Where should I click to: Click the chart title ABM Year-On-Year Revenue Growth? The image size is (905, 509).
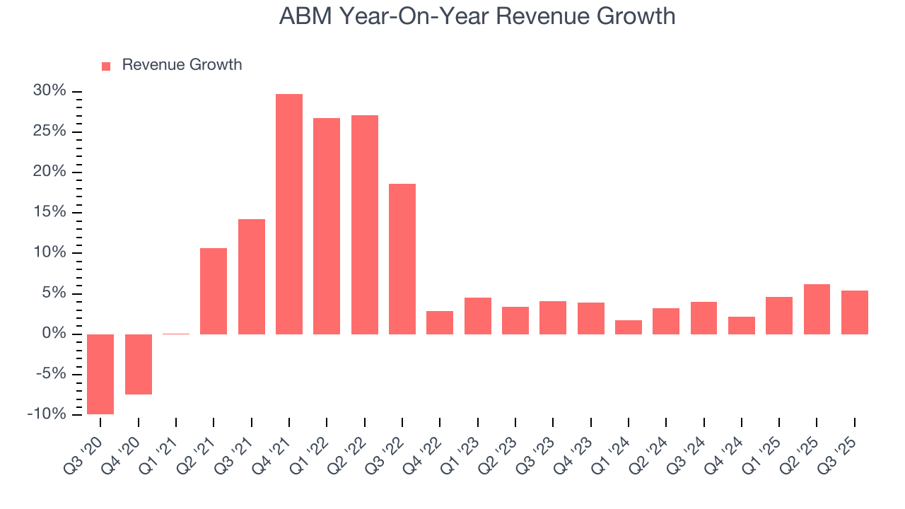477,16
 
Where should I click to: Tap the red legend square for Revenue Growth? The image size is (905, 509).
106,66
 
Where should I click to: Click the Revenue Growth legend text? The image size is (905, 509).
182,65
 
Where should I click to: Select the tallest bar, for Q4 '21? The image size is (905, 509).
289,213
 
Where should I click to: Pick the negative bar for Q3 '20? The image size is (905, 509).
100,374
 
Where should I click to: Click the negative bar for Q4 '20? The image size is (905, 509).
139,364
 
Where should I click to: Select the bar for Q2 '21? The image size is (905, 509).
214,291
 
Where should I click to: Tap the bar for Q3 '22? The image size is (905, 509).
402,259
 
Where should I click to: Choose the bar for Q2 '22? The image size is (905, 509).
365,224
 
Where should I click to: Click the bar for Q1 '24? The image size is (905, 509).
629,327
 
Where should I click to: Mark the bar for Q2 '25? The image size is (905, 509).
817,309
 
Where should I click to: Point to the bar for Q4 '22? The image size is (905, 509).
440,322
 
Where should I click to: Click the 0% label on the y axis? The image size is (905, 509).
54,334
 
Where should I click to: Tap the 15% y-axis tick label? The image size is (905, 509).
49,212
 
